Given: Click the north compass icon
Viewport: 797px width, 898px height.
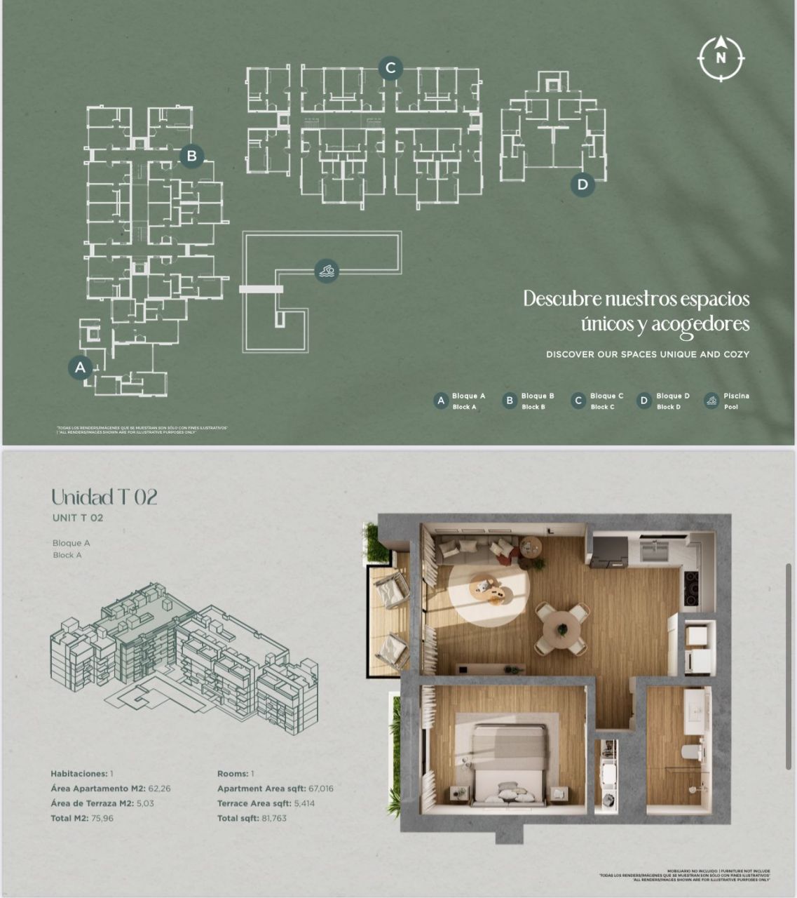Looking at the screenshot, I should point(721,58).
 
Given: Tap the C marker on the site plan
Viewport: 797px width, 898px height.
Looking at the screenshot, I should point(390,68).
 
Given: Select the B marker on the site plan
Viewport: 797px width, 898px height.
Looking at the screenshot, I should point(191,156).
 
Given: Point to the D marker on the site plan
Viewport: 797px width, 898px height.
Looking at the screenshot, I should point(582,185).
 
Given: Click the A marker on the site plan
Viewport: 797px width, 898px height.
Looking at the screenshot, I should point(80,367).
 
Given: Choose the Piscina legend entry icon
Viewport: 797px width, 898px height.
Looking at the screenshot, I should point(711,401).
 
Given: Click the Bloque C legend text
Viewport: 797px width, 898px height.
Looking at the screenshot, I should point(606,396).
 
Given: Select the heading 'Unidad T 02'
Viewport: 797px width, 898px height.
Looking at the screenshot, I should point(104,497).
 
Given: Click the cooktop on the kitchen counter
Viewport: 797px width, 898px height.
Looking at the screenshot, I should point(690,582).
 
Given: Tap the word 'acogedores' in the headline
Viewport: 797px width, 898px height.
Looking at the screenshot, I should point(700,325).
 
